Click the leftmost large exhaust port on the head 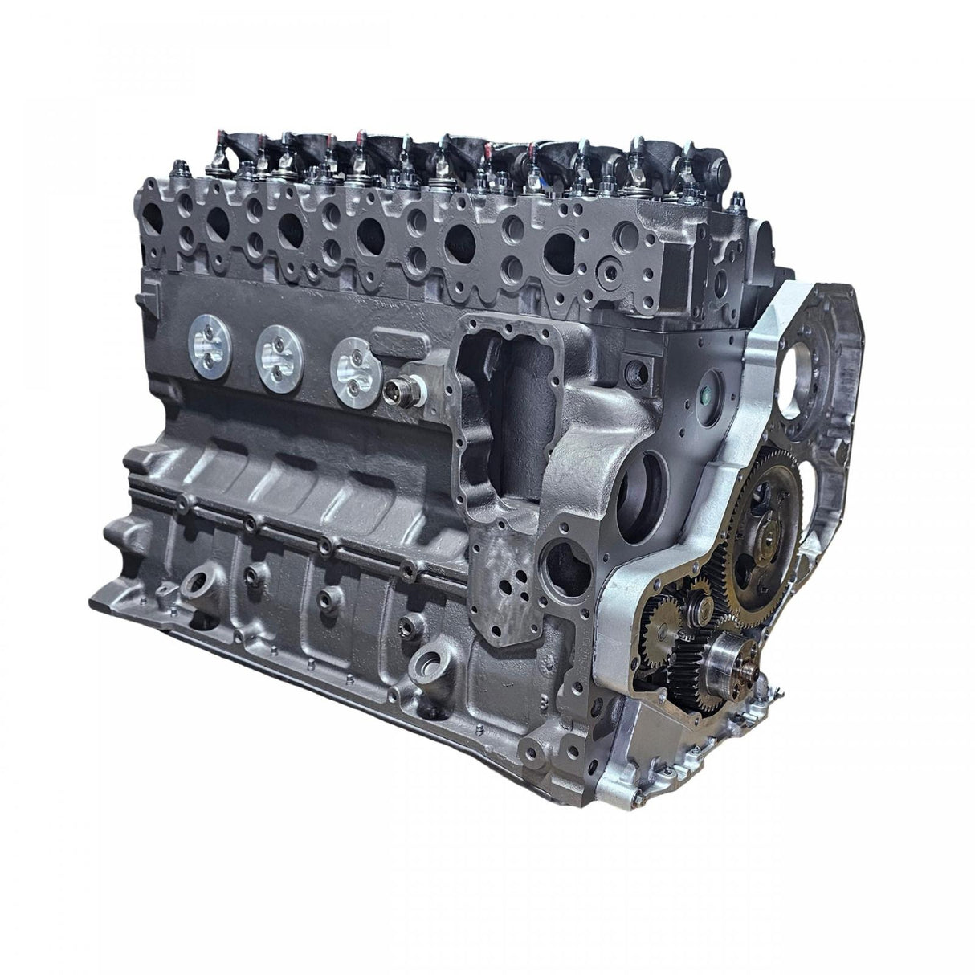click(152, 208)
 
